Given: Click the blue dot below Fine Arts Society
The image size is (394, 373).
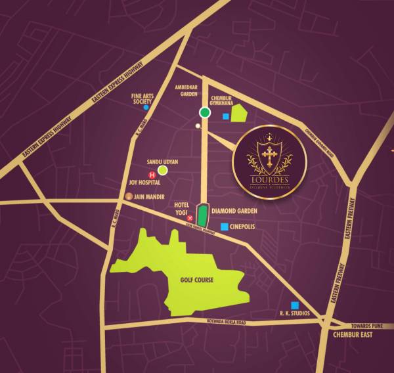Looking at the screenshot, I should [x=146, y=108].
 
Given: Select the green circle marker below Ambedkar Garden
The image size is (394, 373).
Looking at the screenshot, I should [x=205, y=113].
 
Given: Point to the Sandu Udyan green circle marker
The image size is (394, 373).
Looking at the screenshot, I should [x=162, y=171].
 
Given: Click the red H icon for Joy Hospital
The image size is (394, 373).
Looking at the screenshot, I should [x=153, y=175].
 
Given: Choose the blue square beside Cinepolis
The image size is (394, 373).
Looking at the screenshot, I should [x=225, y=227].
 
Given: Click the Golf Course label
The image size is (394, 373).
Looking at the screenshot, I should [x=196, y=280].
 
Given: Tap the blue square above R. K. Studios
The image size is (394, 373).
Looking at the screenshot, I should [x=295, y=305].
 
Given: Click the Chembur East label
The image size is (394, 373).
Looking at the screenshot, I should [x=352, y=335].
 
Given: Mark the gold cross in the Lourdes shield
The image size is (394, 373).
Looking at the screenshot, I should [x=269, y=156].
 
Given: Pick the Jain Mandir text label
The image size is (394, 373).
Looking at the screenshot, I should [x=152, y=196].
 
